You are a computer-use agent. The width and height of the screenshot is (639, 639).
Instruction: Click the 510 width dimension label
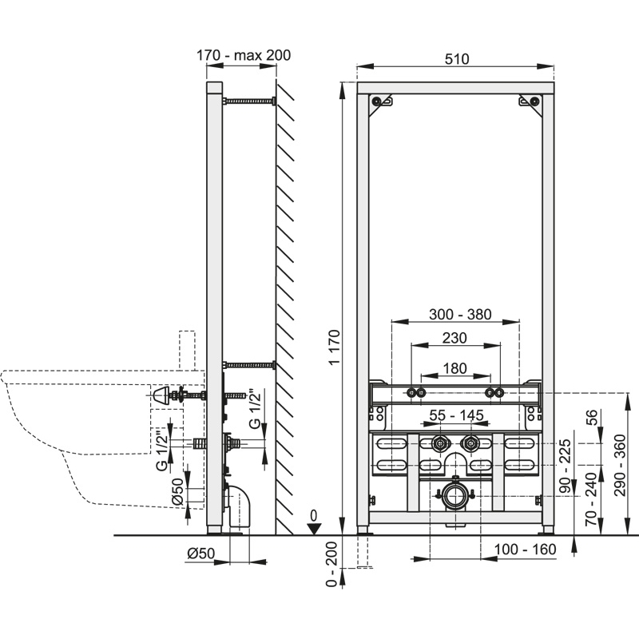click(456, 58)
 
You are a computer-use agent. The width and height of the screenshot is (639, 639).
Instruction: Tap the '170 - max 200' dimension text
click(243, 55)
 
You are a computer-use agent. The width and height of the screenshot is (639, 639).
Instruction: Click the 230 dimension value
click(454, 338)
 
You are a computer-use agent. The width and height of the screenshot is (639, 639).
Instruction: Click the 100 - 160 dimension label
click(525, 550)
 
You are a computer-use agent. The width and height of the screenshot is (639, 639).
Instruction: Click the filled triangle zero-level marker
click(315, 527)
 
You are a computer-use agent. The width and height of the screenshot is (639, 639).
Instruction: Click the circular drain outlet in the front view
click(455, 495)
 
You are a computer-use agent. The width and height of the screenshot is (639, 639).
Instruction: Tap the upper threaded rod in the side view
click(249, 101)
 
